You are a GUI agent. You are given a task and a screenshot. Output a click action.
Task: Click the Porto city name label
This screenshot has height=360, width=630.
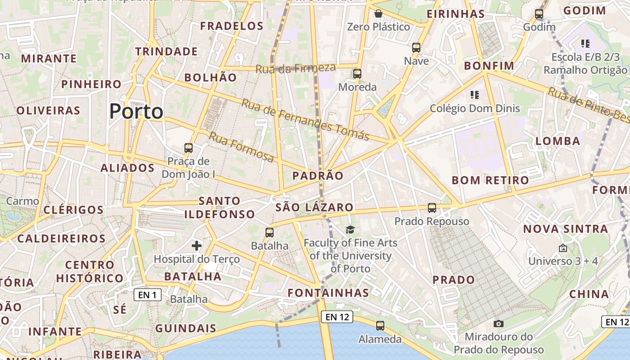click(x=136, y=111)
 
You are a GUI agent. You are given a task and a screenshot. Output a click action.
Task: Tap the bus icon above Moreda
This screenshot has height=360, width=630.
click(x=357, y=74)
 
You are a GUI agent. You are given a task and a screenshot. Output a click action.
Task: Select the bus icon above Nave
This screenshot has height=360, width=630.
click(x=416, y=48)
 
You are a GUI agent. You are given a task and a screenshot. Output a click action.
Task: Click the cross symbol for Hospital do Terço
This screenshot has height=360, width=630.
click(x=197, y=246)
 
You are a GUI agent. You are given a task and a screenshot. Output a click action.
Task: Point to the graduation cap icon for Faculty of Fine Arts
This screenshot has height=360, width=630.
click(x=350, y=230)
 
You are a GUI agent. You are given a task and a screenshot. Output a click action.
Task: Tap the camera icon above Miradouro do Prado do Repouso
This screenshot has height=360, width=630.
click(x=498, y=324)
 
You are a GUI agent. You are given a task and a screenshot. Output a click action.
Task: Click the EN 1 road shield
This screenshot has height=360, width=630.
click(x=148, y=295)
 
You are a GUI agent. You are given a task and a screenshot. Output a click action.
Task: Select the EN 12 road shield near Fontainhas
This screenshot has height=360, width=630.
click(x=337, y=317)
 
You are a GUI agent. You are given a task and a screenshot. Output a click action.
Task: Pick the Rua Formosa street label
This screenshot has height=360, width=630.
click(x=241, y=147)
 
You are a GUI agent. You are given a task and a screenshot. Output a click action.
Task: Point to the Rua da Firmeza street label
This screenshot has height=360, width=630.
click(x=296, y=68)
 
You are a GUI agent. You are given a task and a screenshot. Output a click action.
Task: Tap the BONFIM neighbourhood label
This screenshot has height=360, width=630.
click(x=489, y=66)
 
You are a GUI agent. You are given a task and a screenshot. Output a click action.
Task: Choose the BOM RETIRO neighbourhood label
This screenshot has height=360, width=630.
click(x=490, y=180)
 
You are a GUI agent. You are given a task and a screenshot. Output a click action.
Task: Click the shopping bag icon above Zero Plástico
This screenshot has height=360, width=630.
click(x=378, y=14)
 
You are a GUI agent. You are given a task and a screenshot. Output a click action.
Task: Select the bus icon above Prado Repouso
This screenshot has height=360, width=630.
click(x=432, y=208)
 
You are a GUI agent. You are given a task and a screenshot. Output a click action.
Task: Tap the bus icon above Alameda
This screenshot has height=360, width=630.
click(x=380, y=326)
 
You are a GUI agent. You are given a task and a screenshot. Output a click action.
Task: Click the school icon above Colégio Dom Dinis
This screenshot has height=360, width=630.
click(x=474, y=95)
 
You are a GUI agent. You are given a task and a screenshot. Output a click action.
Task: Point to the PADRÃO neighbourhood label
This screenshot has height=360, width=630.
click(x=318, y=175)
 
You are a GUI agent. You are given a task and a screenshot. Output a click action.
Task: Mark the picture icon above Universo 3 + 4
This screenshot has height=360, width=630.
click(x=562, y=248)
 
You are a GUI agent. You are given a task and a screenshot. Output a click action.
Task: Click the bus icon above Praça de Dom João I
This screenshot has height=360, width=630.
click(x=189, y=148)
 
